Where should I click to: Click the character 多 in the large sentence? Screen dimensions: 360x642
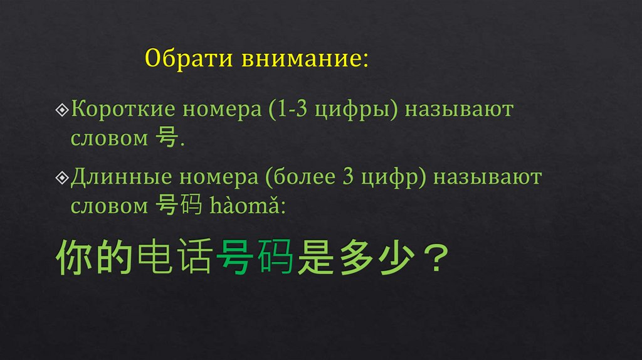pos(354,259)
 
